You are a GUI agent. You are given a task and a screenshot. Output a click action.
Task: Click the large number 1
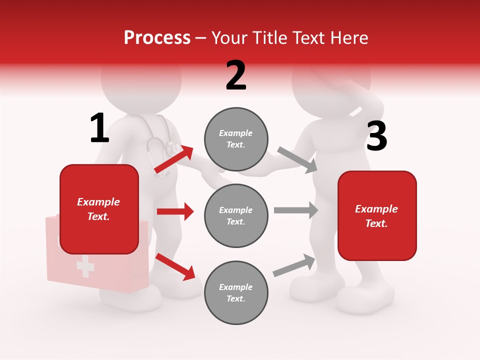(x=99, y=128)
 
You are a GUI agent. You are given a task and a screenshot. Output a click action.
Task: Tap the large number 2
(x=236, y=75)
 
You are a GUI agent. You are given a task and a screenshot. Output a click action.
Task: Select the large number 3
(x=376, y=137)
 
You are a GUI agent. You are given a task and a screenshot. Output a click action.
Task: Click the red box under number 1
(x=99, y=209)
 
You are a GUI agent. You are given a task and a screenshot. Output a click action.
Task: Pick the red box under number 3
(x=377, y=215)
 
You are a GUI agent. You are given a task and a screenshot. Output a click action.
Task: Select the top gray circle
(x=236, y=139)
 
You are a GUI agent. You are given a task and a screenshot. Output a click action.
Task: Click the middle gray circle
(x=236, y=215)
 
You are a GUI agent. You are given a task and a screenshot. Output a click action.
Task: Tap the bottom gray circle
(x=236, y=292)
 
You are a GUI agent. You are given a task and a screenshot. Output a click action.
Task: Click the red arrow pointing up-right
(x=174, y=159)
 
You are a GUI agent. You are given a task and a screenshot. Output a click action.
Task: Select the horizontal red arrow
(x=175, y=211)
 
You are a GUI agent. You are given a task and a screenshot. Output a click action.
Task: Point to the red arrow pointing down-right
(x=175, y=266)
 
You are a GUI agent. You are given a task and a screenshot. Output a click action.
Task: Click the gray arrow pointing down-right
(x=298, y=160)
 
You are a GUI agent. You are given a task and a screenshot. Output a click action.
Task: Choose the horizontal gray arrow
(x=295, y=210)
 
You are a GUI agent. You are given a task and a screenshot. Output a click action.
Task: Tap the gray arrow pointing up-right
(x=294, y=265)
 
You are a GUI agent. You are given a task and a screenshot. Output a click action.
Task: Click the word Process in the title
(x=157, y=37)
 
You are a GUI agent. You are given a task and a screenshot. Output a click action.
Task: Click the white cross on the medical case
(x=85, y=267)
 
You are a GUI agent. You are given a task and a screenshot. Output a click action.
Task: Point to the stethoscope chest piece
(x=173, y=148)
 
